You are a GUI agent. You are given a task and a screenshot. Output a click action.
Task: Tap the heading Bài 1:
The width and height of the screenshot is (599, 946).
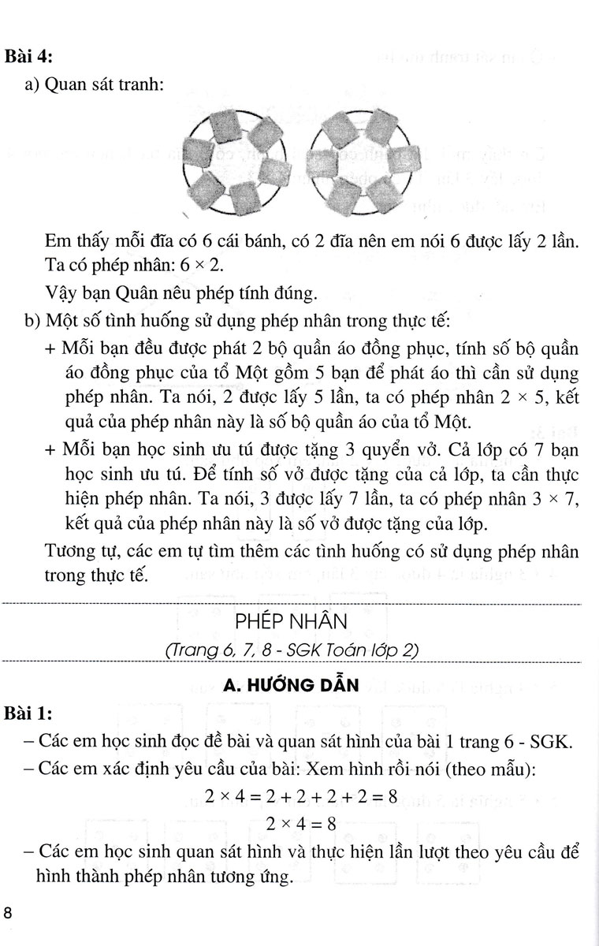[x=28, y=714]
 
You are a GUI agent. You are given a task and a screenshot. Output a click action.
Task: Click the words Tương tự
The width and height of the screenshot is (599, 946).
[x=75, y=552]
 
